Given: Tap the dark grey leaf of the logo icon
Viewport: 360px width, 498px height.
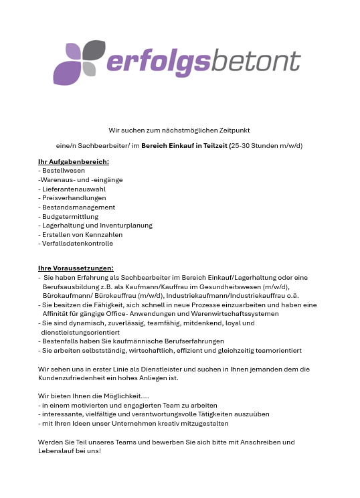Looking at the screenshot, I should [94, 50].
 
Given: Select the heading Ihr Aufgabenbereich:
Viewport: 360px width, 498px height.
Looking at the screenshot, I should [74, 161].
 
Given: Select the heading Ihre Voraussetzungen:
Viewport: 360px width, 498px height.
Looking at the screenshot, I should [76, 268].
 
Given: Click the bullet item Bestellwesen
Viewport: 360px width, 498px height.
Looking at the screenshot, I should [60, 171].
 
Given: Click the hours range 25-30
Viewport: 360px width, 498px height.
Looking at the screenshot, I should [240, 145].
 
